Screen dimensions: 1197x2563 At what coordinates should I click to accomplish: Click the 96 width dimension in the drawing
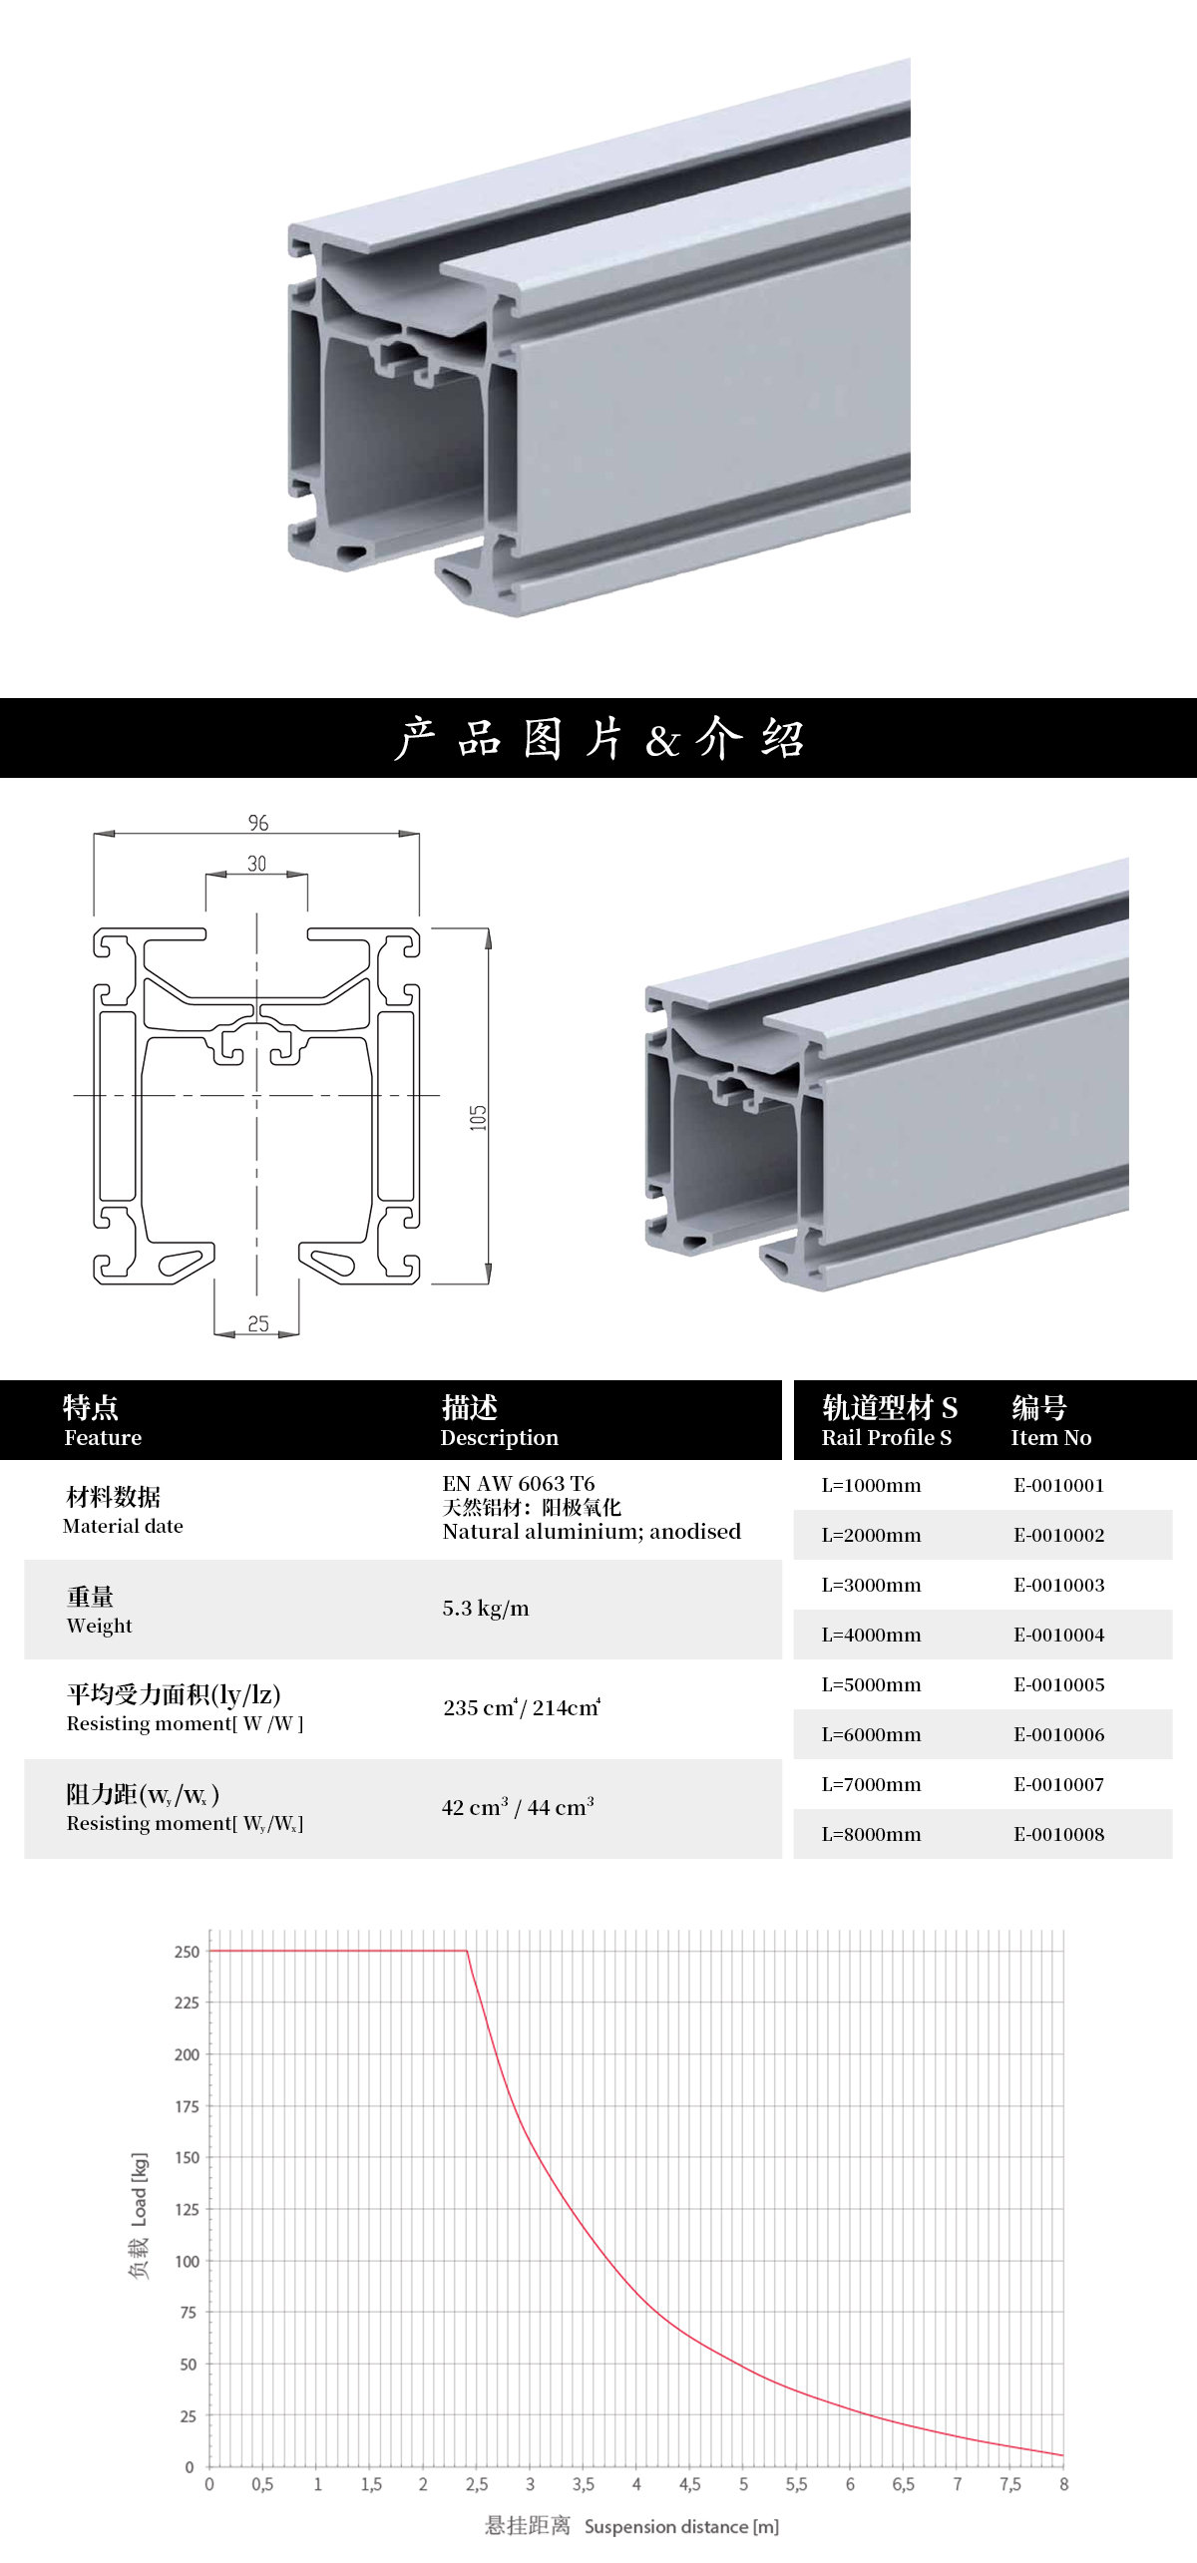point(258,823)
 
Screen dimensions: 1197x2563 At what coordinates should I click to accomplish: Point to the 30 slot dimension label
point(257,864)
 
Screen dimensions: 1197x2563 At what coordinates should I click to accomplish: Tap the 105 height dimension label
point(478,1117)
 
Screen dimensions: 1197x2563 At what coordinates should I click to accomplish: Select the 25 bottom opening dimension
point(258,1323)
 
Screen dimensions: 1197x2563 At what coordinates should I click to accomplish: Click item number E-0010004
point(1059,1635)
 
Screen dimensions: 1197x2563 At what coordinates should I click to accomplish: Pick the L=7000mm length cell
point(871,1784)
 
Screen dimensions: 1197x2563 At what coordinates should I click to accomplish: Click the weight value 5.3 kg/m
point(486,1609)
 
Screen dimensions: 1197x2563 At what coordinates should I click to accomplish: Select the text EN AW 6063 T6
point(519,1483)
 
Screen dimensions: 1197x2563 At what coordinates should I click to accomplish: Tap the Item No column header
point(1051,1437)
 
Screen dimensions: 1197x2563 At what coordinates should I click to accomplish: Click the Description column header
point(500,1437)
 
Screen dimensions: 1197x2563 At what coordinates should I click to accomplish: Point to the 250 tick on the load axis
point(188,1952)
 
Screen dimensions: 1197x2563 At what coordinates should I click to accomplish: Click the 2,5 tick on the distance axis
point(477,2484)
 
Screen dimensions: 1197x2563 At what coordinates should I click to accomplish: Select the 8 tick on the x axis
point(1063,2484)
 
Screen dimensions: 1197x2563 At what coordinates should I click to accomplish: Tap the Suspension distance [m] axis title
point(681,2526)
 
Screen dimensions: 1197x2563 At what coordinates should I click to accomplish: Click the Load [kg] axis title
point(139,2189)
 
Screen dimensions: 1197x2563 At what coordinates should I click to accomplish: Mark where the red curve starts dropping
point(467,1951)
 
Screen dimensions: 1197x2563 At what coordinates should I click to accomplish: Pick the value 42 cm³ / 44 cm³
point(518,1807)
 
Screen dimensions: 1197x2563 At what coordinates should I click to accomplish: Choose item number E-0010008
point(1059,1834)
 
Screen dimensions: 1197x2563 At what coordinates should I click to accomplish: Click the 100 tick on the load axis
point(188,2261)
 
